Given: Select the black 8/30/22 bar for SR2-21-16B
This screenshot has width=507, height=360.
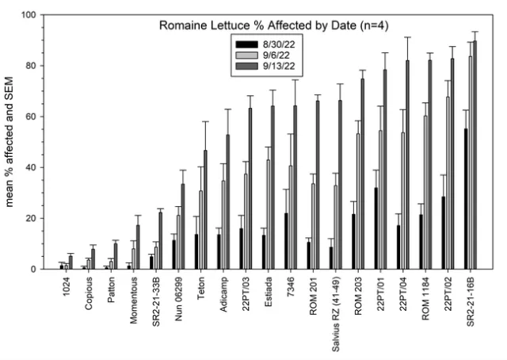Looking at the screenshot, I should [464, 199].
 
